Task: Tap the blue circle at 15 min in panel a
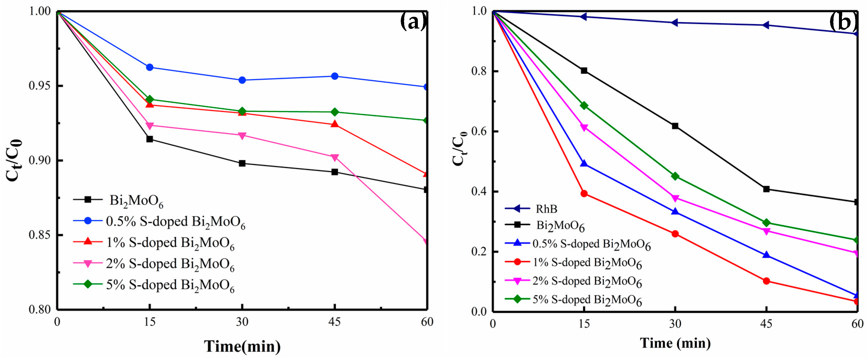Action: click(150, 67)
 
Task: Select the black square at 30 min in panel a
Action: click(242, 164)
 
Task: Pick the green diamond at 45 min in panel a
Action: click(334, 112)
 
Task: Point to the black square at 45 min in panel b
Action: click(766, 189)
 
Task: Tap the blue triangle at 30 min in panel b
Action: click(675, 211)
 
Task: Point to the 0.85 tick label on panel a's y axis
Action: click(40, 235)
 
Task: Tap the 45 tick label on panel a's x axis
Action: click(334, 322)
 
